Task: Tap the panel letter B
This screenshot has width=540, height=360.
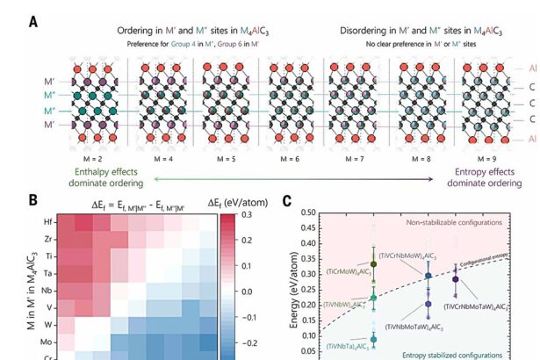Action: click(33, 199)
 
